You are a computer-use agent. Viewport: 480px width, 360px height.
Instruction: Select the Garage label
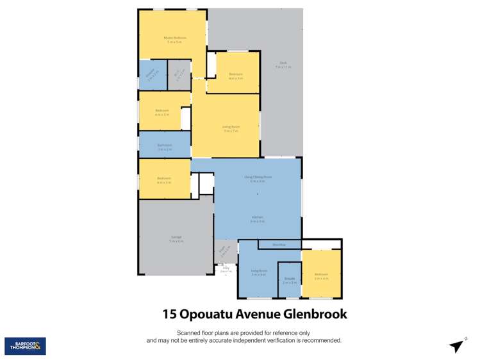pyautogui.click(x=176, y=239)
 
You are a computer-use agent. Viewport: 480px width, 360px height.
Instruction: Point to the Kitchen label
pyautogui.click(x=258, y=218)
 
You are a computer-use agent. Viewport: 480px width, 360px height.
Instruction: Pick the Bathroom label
pyautogui.click(x=165, y=145)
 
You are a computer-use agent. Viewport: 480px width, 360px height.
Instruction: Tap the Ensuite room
pyautogui.click(x=289, y=279)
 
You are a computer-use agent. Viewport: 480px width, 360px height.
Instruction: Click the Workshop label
pyautogui.click(x=279, y=244)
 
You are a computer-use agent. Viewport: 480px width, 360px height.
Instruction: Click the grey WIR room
pyautogui.click(x=179, y=75)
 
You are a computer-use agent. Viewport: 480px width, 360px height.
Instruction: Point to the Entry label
pyautogui.click(x=226, y=268)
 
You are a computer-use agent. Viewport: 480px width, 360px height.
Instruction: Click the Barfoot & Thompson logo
pyautogui.click(x=25, y=346)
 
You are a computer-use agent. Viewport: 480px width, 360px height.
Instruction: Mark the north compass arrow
pyautogui.click(x=456, y=346)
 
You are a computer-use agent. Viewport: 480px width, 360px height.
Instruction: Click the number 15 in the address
pyautogui.click(x=169, y=314)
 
